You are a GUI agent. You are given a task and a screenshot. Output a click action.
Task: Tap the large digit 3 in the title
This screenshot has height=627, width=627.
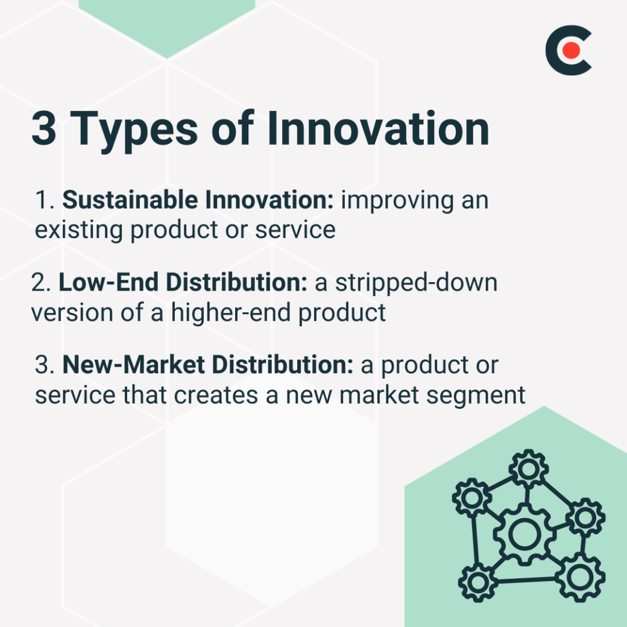click(44, 128)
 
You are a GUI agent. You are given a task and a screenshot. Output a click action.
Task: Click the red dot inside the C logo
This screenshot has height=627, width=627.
click(571, 51)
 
